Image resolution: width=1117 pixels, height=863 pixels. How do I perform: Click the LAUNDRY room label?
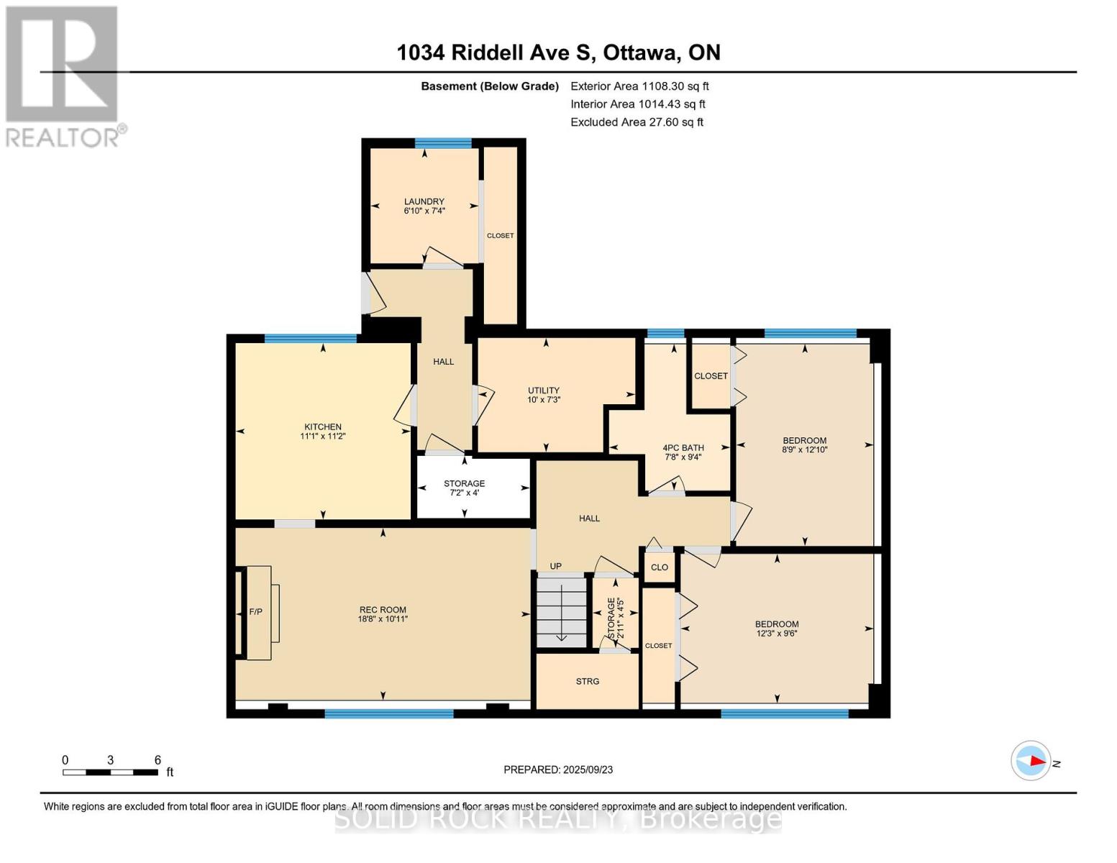[424, 201]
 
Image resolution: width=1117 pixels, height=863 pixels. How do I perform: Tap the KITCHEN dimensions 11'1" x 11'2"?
[323, 436]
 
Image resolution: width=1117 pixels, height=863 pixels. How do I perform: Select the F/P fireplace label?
[255, 612]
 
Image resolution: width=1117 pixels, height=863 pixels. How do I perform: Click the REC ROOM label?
[383, 610]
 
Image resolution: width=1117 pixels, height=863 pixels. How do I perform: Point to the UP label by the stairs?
[556, 566]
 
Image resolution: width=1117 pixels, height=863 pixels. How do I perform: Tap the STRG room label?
[588, 681]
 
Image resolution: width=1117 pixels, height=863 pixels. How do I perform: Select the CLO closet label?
[660, 567]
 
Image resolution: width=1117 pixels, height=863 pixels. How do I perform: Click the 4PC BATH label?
[683, 448]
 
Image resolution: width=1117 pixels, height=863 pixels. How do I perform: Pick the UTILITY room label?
[543, 390]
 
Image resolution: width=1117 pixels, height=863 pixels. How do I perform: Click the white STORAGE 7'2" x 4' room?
[473, 488]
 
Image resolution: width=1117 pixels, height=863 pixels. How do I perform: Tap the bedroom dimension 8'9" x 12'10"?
[804, 449]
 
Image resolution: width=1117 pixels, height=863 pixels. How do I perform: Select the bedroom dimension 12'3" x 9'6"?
[777, 634]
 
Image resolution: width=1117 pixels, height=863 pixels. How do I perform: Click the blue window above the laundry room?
[443, 143]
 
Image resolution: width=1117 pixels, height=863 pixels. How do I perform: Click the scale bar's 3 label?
[110, 759]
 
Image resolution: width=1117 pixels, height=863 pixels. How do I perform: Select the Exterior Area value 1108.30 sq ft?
[675, 86]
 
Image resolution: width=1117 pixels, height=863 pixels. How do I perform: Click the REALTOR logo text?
[63, 138]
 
